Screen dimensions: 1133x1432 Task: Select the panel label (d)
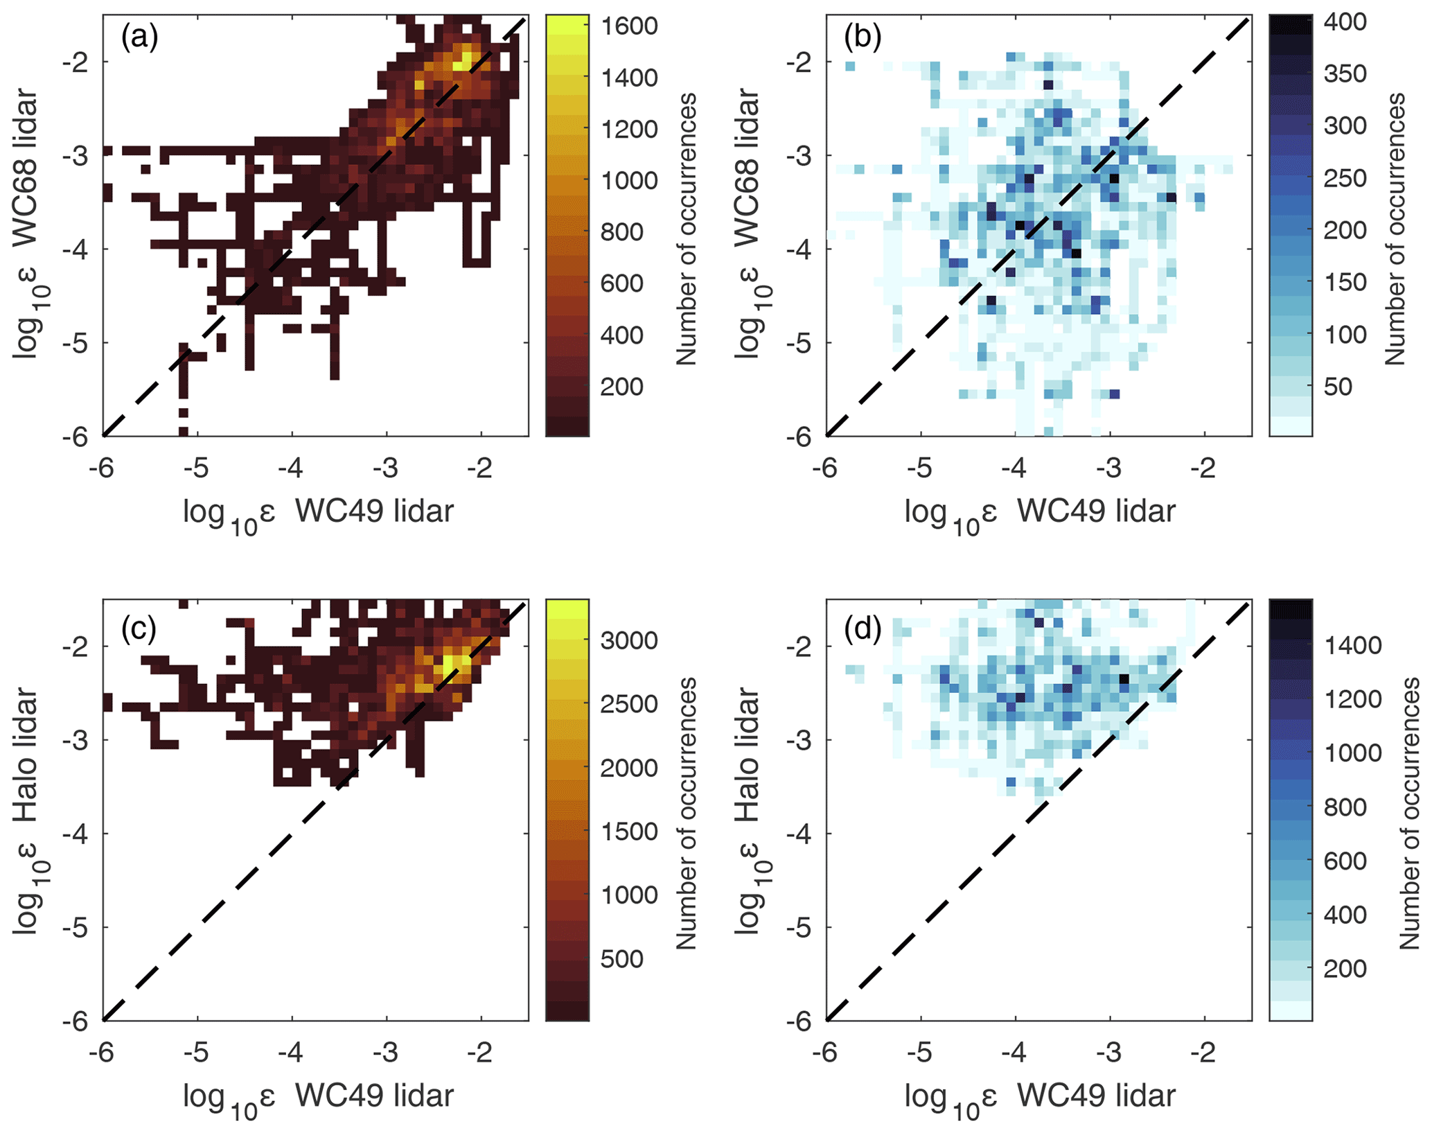pyautogui.click(x=862, y=628)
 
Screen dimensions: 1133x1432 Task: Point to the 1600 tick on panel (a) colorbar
pyautogui.click(x=629, y=26)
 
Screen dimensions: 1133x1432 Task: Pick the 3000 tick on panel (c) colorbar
pyautogui.click(x=629, y=640)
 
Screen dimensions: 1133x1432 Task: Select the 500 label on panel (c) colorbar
pyautogui.click(x=621, y=959)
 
